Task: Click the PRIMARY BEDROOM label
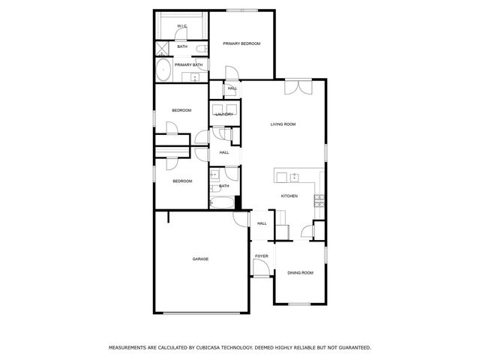tap(241, 44)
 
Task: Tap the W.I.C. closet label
tap(182, 27)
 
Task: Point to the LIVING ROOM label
tap(283, 124)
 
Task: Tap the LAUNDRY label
tap(224, 114)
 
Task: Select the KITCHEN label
tap(289, 196)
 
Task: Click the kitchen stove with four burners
tap(319, 200)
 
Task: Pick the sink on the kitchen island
tap(295, 178)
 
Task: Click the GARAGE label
tap(200, 259)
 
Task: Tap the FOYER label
tap(261, 256)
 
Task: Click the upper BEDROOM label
tap(181, 111)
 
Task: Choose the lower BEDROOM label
tap(182, 181)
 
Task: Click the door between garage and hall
tap(241, 219)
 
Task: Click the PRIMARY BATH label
tap(188, 65)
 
